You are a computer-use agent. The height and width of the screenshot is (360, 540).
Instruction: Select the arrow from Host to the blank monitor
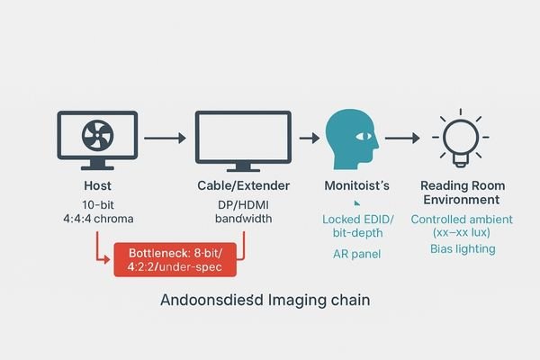[164, 138]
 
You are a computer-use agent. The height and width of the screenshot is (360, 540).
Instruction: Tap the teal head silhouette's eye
[363, 136]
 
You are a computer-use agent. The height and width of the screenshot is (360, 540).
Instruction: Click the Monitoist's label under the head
[355, 184]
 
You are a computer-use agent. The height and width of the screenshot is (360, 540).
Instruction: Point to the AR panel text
[355, 255]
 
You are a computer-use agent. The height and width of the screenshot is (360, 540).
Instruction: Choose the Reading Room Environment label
[460, 192]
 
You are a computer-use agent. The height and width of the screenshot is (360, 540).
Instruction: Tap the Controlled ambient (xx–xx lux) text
[460, 226]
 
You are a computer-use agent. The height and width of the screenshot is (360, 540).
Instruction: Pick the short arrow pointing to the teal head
[309, 138]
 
